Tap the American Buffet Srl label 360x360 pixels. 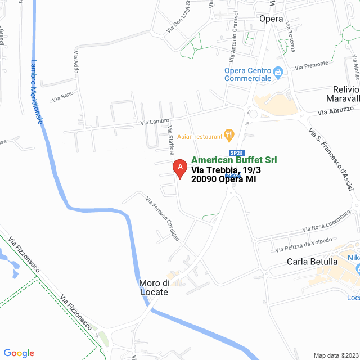pos(234,160)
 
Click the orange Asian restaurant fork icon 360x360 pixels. pos(228,134)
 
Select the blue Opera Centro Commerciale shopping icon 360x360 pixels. pos(277,72)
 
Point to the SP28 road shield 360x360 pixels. pos(237,153)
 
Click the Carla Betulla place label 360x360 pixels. pos(312,262)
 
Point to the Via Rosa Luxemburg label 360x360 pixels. pos(326,222)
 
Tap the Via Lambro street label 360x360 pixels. pos(155,121)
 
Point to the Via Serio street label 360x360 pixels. pos(63,97)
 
